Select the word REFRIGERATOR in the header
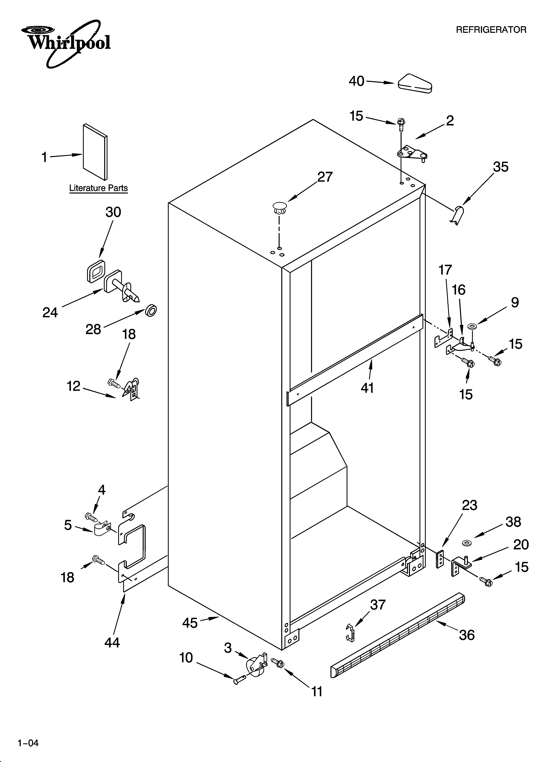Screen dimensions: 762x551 click(x=491, y=30)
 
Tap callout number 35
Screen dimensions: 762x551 click(x=500, y=167)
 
